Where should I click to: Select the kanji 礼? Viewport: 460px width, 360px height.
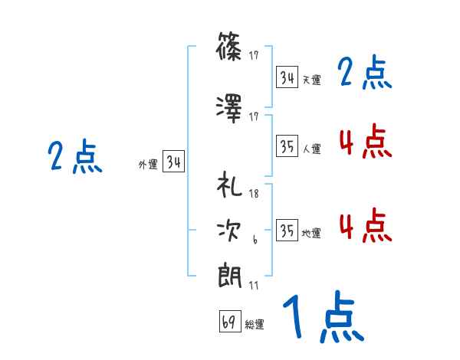point(230,187)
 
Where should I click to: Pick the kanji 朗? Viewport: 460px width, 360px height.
point(230,275)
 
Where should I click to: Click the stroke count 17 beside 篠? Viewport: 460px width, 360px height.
point(254,55)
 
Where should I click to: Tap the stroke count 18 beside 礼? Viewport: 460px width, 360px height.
point(254,195)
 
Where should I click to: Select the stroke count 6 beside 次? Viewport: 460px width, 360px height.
point(254,240)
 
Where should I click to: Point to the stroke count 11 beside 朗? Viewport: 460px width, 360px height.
point(254,285)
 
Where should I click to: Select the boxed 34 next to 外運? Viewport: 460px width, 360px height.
point(173,162)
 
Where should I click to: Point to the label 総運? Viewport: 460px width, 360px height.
point(255,324)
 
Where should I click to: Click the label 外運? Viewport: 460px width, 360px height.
point(147,164)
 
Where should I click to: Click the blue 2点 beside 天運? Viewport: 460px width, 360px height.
point(365,74)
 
